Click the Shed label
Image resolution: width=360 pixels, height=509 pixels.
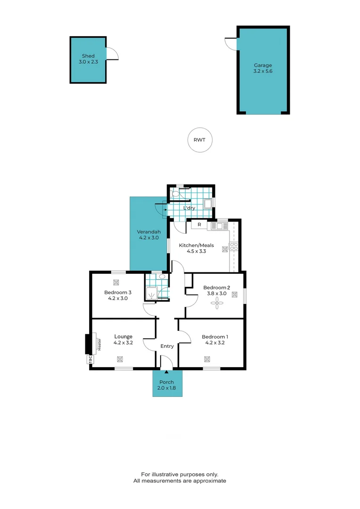[x=88, y=56]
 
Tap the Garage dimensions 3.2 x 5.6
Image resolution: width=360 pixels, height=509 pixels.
[x=262, y=72]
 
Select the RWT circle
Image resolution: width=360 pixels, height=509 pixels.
[x=200, y=140]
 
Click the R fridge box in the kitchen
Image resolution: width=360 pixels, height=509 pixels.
[x=199, y=225]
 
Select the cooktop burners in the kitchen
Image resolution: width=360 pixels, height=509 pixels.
[x=234, y=246]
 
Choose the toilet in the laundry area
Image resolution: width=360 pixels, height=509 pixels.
[x=176, y=193]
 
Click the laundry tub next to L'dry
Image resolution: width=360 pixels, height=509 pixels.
[x=208, y=203]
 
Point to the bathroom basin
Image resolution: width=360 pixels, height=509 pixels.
[x=162, y=277]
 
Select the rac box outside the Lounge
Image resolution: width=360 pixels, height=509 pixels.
[x=89, y=360]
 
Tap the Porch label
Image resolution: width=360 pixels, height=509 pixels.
[x=166, y=382]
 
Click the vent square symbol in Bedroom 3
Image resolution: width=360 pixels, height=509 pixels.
[x=116, y=283]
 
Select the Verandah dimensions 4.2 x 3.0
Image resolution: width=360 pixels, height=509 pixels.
[x=148, y=238]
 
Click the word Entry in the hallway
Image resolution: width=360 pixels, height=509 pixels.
[x=167, y=346]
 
